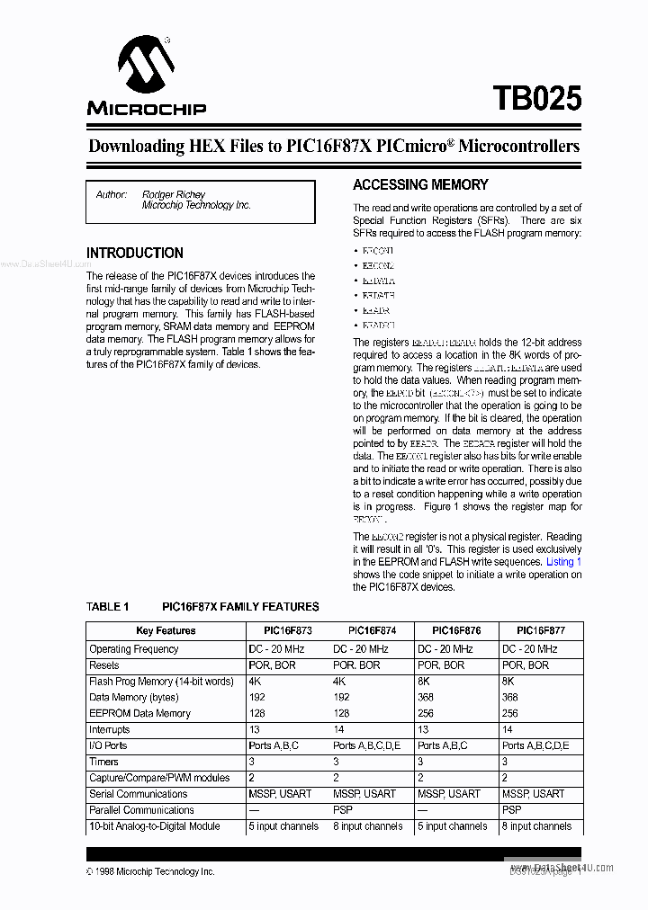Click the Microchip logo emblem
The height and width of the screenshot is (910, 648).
(146, 66)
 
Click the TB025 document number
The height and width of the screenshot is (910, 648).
(536, 98)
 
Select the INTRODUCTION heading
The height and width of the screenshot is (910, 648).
(135, 254)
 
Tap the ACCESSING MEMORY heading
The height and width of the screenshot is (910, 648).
(420, 185)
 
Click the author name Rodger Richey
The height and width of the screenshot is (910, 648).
(174, 194)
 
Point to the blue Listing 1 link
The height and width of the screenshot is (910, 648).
(564, 562)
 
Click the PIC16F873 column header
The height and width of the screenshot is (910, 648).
(288, 631)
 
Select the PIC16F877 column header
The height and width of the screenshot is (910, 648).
(542, 631)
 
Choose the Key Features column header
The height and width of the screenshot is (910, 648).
(166, 631)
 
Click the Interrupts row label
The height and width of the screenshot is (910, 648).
(110, 729)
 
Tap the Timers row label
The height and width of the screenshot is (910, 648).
(103, 762)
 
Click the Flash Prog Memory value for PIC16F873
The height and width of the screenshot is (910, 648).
(255, 682)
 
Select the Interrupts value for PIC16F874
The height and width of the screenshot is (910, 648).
(339, 729)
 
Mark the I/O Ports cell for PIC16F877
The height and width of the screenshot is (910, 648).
(535, 745)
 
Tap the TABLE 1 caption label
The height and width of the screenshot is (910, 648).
(108, 607)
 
